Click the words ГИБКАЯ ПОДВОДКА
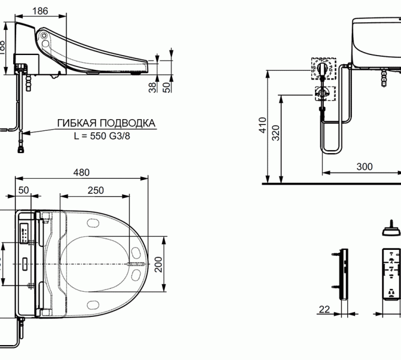[106, 123]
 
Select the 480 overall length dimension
[81, 173]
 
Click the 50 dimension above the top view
[23, 190]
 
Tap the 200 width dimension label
[159, 264]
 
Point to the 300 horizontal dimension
[364, 167]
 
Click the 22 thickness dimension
[324, 310]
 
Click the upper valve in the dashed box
[323, 69]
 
